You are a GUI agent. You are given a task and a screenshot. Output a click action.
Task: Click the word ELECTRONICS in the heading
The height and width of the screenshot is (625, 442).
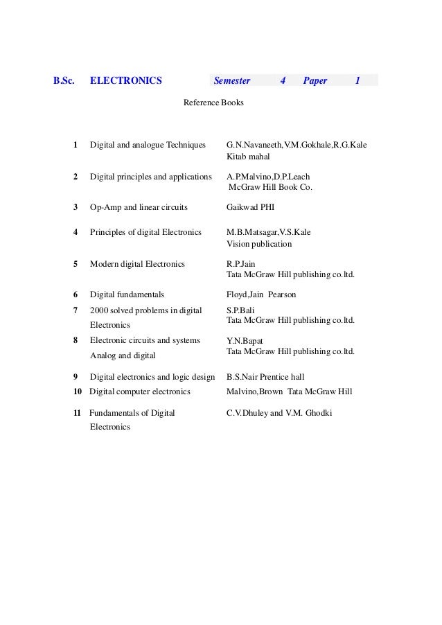[x=125, y=80]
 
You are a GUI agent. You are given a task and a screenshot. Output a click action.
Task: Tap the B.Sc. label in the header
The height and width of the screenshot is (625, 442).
[x=64, y=80]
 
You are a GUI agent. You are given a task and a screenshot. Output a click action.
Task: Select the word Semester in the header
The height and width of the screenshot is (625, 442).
[x=232, y=80]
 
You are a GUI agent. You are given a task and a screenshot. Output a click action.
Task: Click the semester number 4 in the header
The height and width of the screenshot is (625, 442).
[x=283, y=80]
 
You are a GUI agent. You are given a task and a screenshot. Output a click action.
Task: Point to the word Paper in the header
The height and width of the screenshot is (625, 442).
[x=315, y=80]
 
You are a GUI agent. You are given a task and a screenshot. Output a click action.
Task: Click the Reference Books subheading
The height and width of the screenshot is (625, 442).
[x=213, y=103]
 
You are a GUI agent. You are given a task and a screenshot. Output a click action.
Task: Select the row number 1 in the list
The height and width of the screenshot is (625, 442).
[x=75, y=145]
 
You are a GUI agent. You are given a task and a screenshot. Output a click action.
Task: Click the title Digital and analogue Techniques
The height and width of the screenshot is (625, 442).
[x=148, y=145]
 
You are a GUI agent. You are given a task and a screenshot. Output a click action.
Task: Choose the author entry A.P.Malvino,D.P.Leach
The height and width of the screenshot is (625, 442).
[x=268, y=177]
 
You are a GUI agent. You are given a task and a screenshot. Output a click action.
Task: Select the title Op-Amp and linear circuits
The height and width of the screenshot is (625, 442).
[x=139, y=206]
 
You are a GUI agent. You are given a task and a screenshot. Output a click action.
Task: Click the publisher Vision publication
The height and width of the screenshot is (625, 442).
[x=259, y=244]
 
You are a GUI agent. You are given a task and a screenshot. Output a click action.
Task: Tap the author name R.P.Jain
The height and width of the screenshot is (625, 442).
[x=241, y=263]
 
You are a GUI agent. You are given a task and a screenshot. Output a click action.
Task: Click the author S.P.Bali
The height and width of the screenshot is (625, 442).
[x=240, y=310]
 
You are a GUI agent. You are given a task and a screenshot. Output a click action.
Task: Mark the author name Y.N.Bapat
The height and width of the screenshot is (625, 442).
[x=245, y=341]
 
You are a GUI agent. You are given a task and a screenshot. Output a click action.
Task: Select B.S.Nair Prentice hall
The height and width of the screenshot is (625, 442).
[x=265, y=377]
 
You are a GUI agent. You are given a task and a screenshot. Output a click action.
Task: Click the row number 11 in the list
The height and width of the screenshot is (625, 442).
[x=76, y=413]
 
